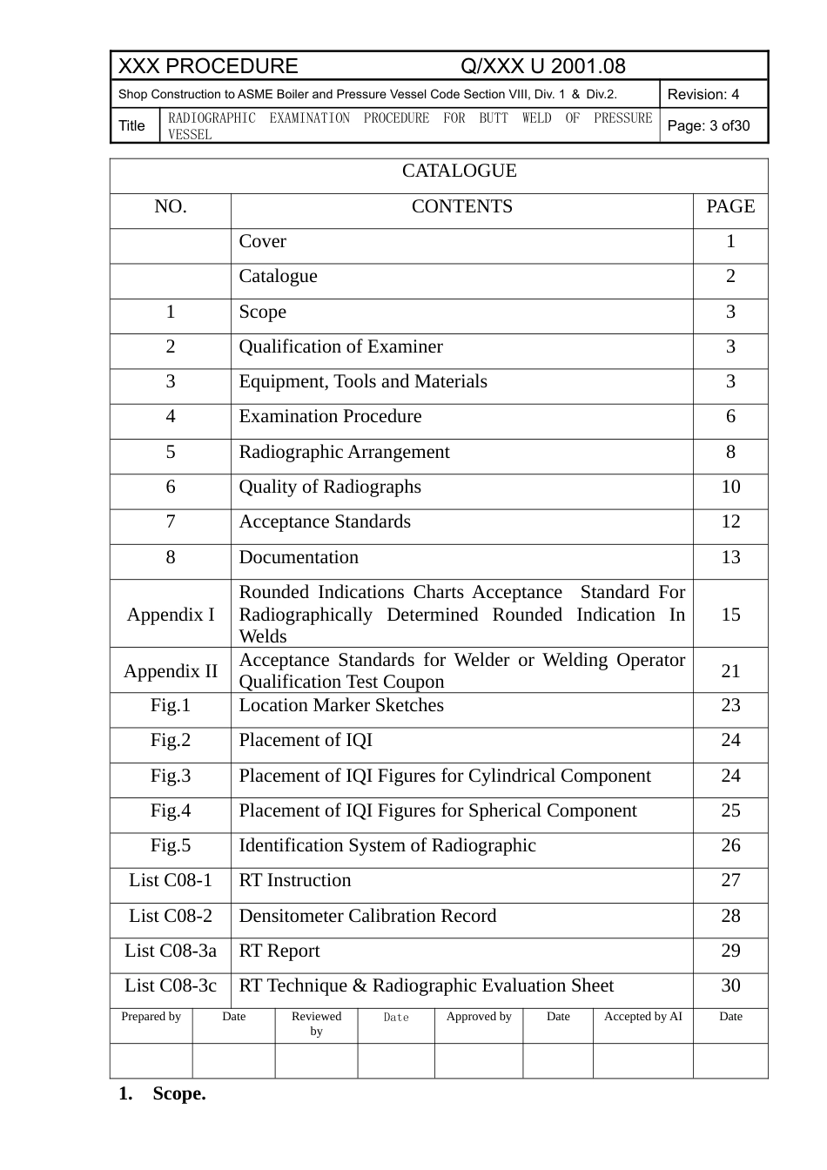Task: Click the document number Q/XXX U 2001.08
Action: [x=542, y=66]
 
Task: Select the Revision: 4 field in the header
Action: [x=703, y=94]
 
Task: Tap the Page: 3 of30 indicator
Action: [x=708, y=126]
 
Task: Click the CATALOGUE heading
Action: [x=459, y=171]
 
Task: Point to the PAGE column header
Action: [x=730, y=207]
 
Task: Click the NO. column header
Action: [x=171, y=207]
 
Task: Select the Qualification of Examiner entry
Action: [x=340, y=347]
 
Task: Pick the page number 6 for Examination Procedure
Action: [x=730, y=417]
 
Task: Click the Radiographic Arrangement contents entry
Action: [x=344, y=453]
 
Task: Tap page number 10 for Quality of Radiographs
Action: [x=730, y=487]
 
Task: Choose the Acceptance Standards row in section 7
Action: [x=325, y=522]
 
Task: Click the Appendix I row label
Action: [x=171, y=615]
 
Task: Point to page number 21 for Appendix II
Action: [x=730, y=671]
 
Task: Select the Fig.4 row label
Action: [x=171, y=811]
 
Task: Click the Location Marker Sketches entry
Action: [x=341, y=706]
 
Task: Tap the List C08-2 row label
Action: [x=171, y=917]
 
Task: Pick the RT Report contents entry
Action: [x=279, y=951]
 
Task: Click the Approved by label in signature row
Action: [x=479, y=1017]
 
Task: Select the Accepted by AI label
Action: [x=643, y=1017]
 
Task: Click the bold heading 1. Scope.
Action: [x=163, y=1094]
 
